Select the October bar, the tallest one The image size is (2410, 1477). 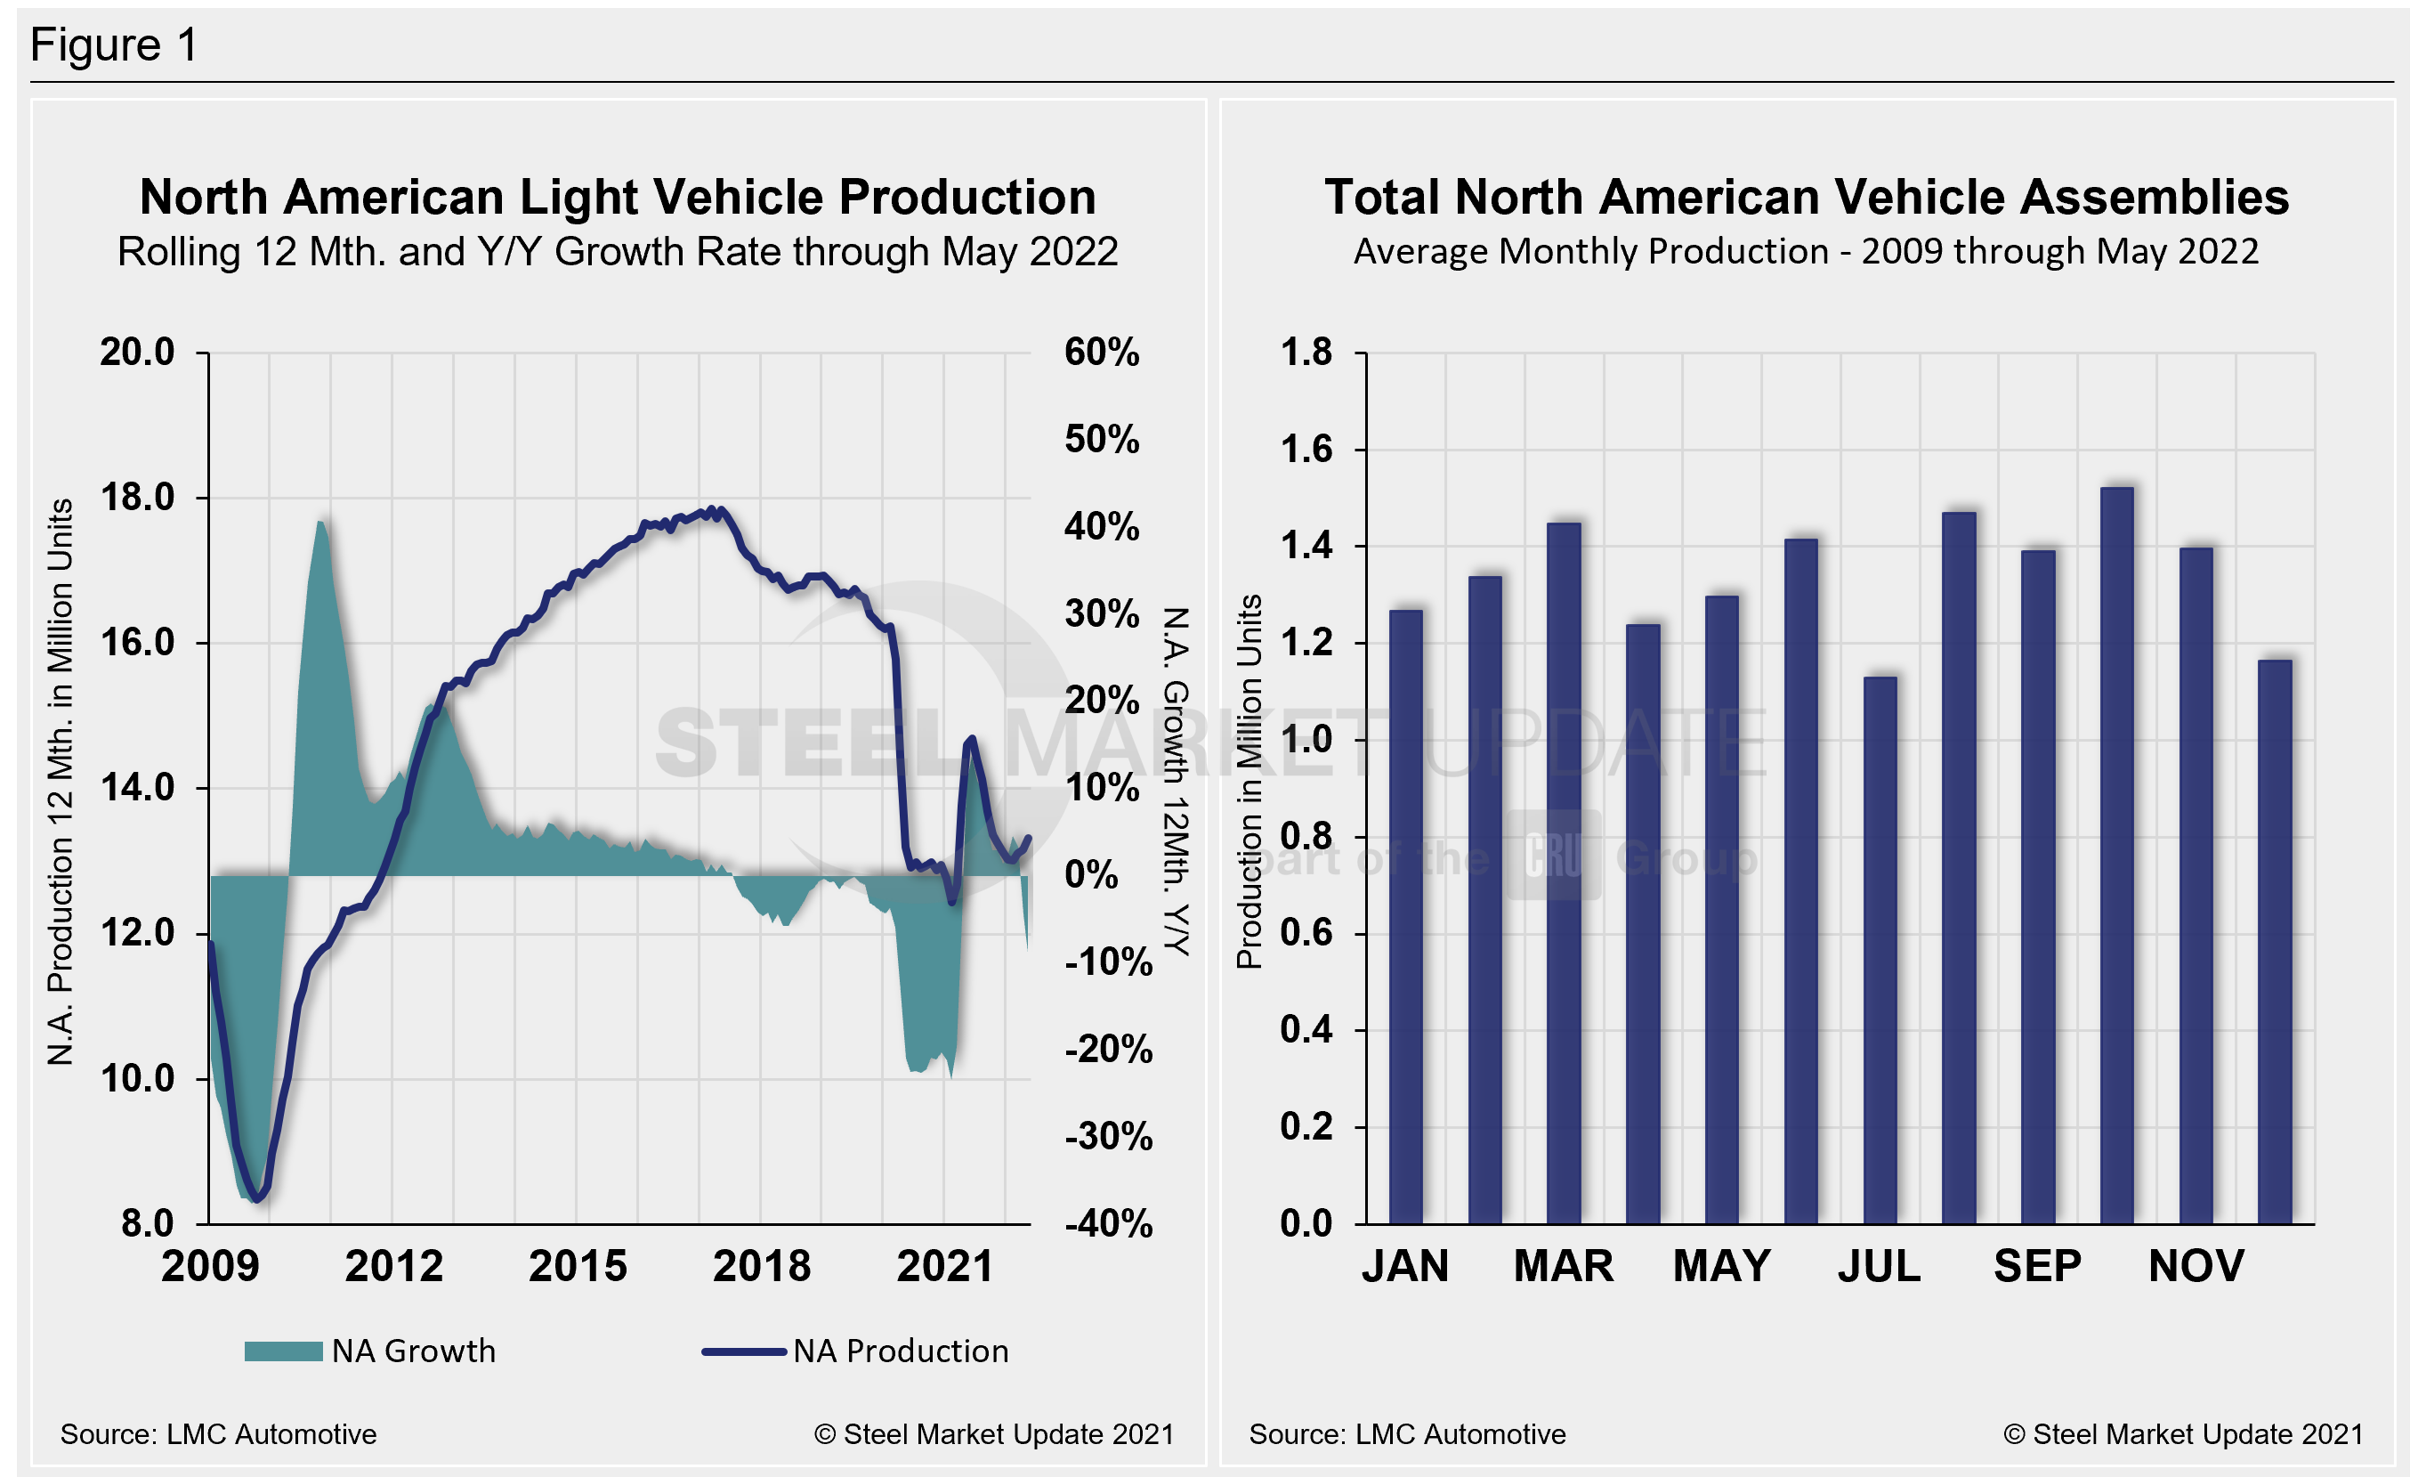pyautogui.click(x=2116, y=856)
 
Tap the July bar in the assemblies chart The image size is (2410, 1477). pyautogui.click(x=1880, y=950)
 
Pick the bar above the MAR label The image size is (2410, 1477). pyautogui.click(x=1564, y=873)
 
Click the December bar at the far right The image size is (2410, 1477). pyautogui.click(x=2275, y=942)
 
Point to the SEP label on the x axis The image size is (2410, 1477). pyautogui.click(x=2037, y=1267)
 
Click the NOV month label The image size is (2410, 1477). pyautogui.click(x=2196, y=1267)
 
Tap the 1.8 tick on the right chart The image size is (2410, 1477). pyautogui.click(x=1306, y=353)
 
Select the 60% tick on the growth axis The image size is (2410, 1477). pyautogui.click(x=1102, y=353)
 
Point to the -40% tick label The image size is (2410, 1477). pyautogui.click(x=1108, y=1223)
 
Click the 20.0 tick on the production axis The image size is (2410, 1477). pyautogui.click(x=137, y=353)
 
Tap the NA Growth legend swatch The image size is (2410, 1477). pyautogui.click(x=283, y=1351)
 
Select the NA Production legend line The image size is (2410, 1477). pyautogui.click(x=743, y=1351)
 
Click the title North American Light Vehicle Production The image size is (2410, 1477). pyautogui.click(x=617, y=198)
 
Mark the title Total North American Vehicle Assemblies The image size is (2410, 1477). pyautogui.click(x=1806, y=198)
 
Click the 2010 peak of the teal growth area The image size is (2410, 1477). pyautogui.click(x=320, y=524)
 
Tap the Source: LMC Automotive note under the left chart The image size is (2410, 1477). pyautogui.click(x=218, y=1434)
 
